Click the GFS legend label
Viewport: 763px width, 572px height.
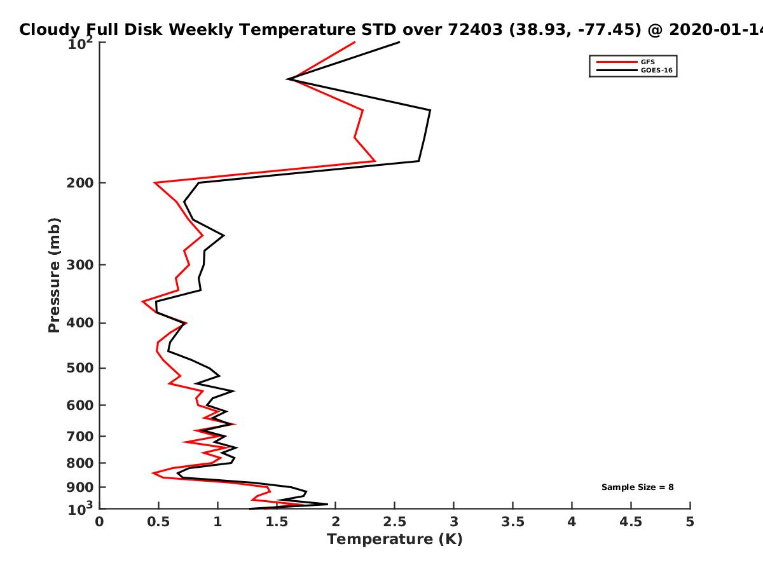[647, 62]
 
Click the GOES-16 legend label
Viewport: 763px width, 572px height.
[657, 70]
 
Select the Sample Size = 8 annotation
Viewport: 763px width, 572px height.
[638, 487]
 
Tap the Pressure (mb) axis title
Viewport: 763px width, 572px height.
[54, 275]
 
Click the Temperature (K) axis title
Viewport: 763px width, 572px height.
[395, 539]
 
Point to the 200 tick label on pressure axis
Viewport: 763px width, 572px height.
[80, 182]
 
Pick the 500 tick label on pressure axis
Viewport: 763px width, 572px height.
[80, 368]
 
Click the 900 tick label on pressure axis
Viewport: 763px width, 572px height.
[80, 487]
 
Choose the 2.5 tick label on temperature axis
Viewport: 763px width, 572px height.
[395, 522]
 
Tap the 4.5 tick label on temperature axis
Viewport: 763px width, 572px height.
[631, 522]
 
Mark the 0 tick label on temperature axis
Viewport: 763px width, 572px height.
[99, 522]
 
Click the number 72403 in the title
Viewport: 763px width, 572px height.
[475, 29]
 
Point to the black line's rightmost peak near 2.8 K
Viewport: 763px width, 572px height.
[430, 110]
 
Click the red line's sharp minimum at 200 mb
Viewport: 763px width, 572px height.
[155, 182]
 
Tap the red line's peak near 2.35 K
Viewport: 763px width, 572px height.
[375, 161]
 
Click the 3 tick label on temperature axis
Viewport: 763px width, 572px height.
[453, 522]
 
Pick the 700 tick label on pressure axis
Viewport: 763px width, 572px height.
[80, 436]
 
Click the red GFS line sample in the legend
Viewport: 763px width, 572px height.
[617, 62]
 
